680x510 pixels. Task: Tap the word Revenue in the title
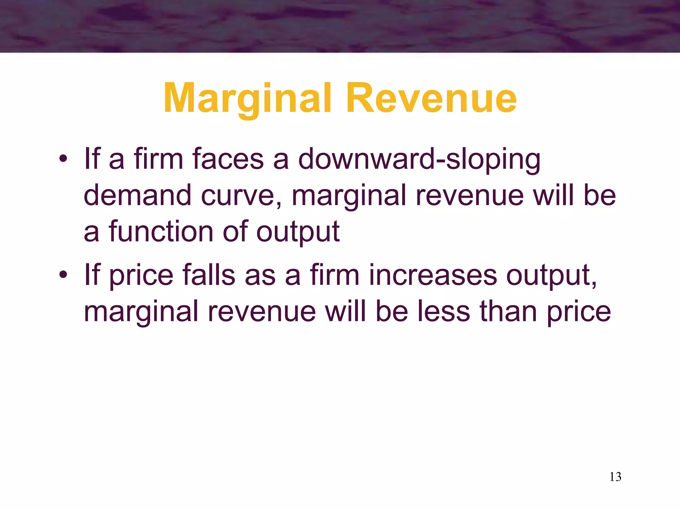431,99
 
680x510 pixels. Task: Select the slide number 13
615,477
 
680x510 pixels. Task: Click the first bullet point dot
63,158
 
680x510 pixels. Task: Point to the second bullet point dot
63,275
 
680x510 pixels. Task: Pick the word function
161,231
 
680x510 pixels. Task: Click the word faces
228,159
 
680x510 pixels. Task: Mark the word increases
433,275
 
